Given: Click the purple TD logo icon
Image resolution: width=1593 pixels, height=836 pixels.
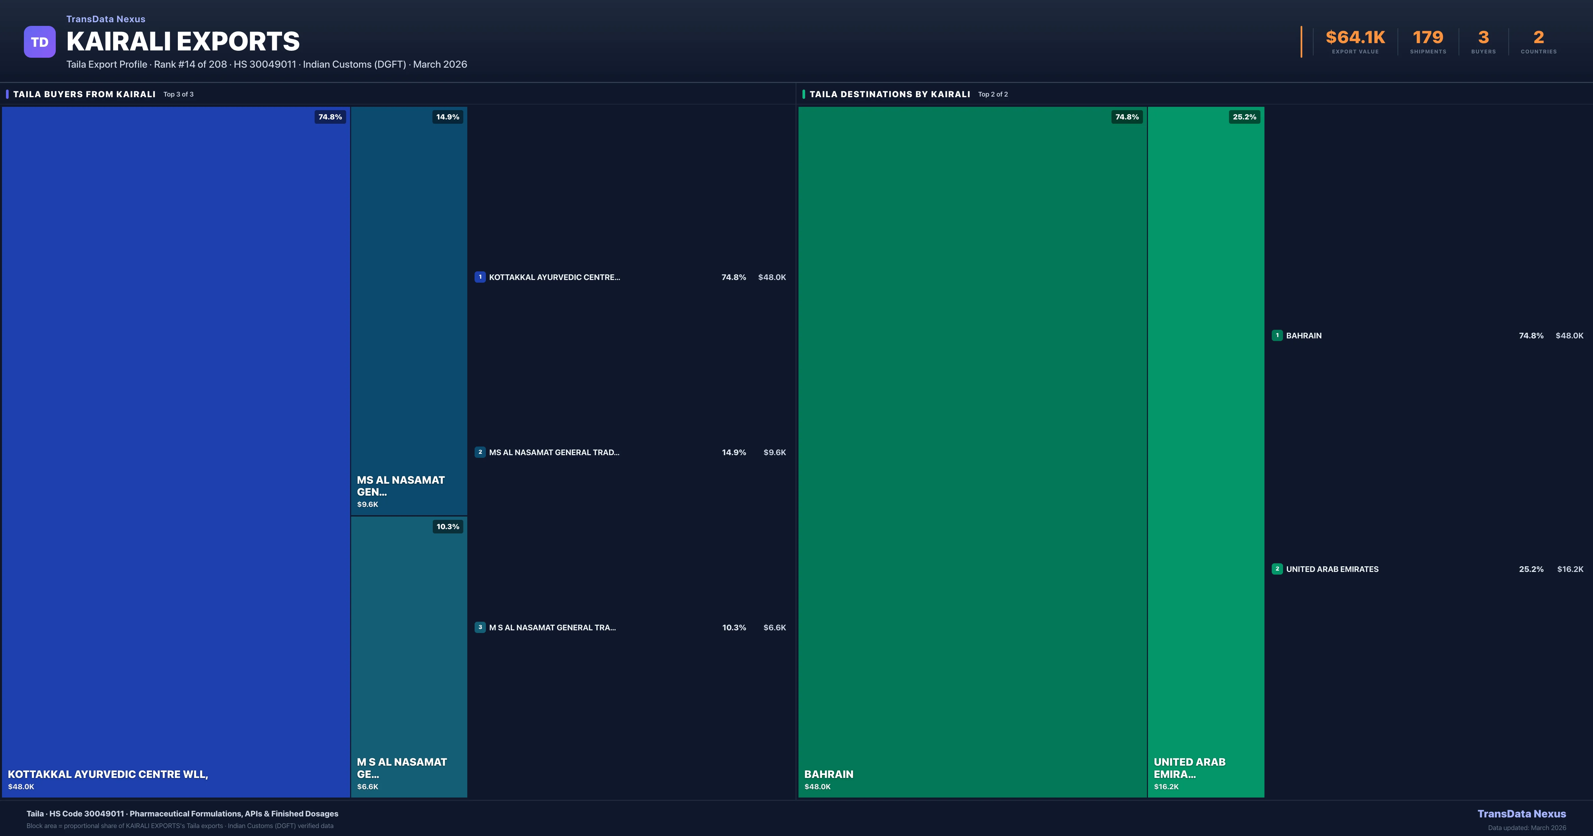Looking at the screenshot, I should pyautogui.click(x=39, y=42).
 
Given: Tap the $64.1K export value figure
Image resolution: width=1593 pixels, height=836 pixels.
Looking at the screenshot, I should pyautogui.click(x=1355, y=38).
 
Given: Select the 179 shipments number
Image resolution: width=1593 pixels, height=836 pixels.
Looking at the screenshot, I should pyautogui.click(x=1427, y=38).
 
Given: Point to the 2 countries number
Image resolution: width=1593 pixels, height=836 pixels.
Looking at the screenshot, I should pyautogui.click(x=1539, y=38).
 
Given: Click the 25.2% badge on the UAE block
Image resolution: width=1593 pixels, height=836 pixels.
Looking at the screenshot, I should pyautogui.click(x=1244, y=117).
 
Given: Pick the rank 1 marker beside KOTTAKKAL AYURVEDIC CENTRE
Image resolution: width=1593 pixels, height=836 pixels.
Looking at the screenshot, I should pyautogui.click(x=480, y=277).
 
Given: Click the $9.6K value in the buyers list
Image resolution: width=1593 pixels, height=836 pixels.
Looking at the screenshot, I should pyautogui.click(x=774, y=453).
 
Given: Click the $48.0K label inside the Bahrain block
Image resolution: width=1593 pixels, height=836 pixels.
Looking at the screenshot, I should pyautogui.click(x=817, y=787).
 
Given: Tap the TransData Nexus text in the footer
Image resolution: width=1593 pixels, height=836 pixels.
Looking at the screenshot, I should pyautogui.click(x=1521, y=814).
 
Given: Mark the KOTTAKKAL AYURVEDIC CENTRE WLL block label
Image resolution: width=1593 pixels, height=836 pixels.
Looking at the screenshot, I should pyautogui.click(x=108, y=774).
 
